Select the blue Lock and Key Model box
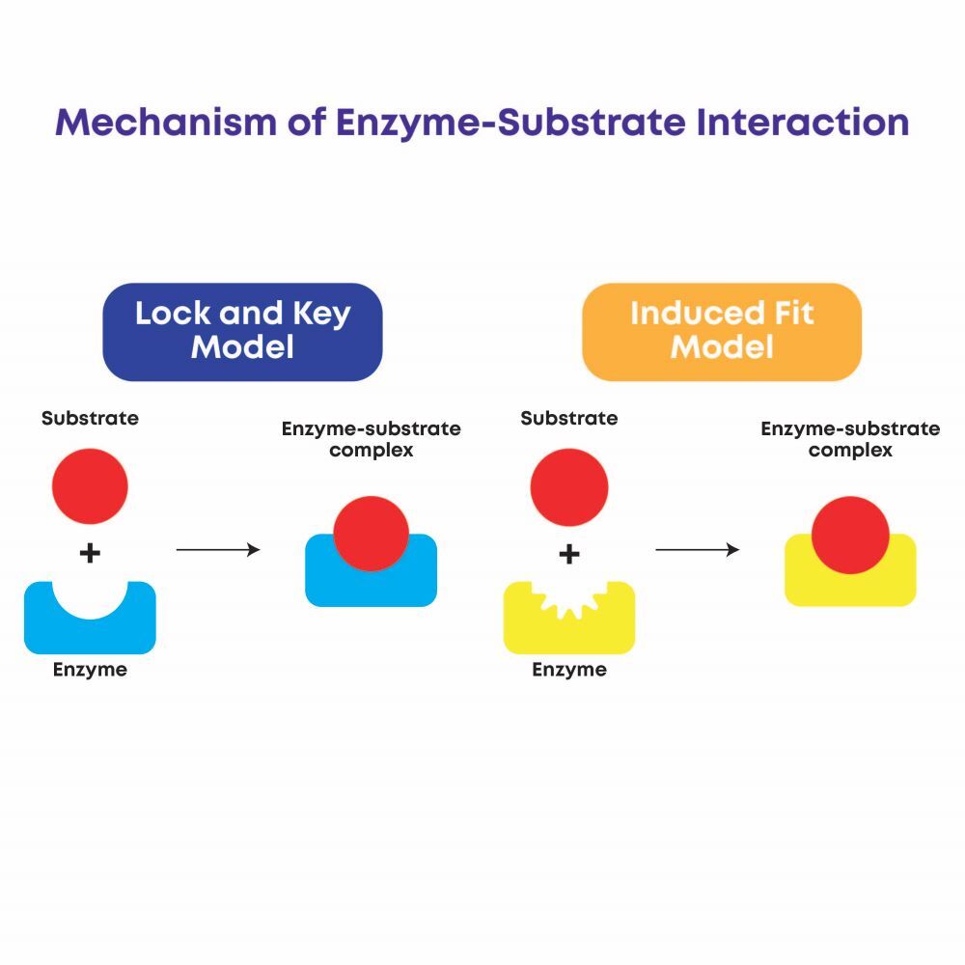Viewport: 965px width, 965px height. (242, 331)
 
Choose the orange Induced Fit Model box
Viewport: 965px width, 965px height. (722, 331)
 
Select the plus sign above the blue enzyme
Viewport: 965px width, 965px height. (90, 553)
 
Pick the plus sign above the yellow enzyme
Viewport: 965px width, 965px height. (569, 553)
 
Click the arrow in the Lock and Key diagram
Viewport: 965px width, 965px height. (218, 550)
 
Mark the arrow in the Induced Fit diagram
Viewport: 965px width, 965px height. (697, 550)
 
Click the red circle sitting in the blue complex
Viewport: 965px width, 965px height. (372, 534)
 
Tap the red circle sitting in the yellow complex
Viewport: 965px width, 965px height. (850, 534)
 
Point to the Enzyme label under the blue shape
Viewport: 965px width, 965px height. (90, 670)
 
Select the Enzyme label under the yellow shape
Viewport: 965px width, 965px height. (569, 670)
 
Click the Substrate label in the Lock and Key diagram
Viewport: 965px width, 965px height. (90, 419)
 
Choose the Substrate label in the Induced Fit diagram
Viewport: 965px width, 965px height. (569, 419)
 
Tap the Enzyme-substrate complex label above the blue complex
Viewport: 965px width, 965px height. (372, 439)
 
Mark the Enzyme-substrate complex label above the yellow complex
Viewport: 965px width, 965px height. (850, 439)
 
